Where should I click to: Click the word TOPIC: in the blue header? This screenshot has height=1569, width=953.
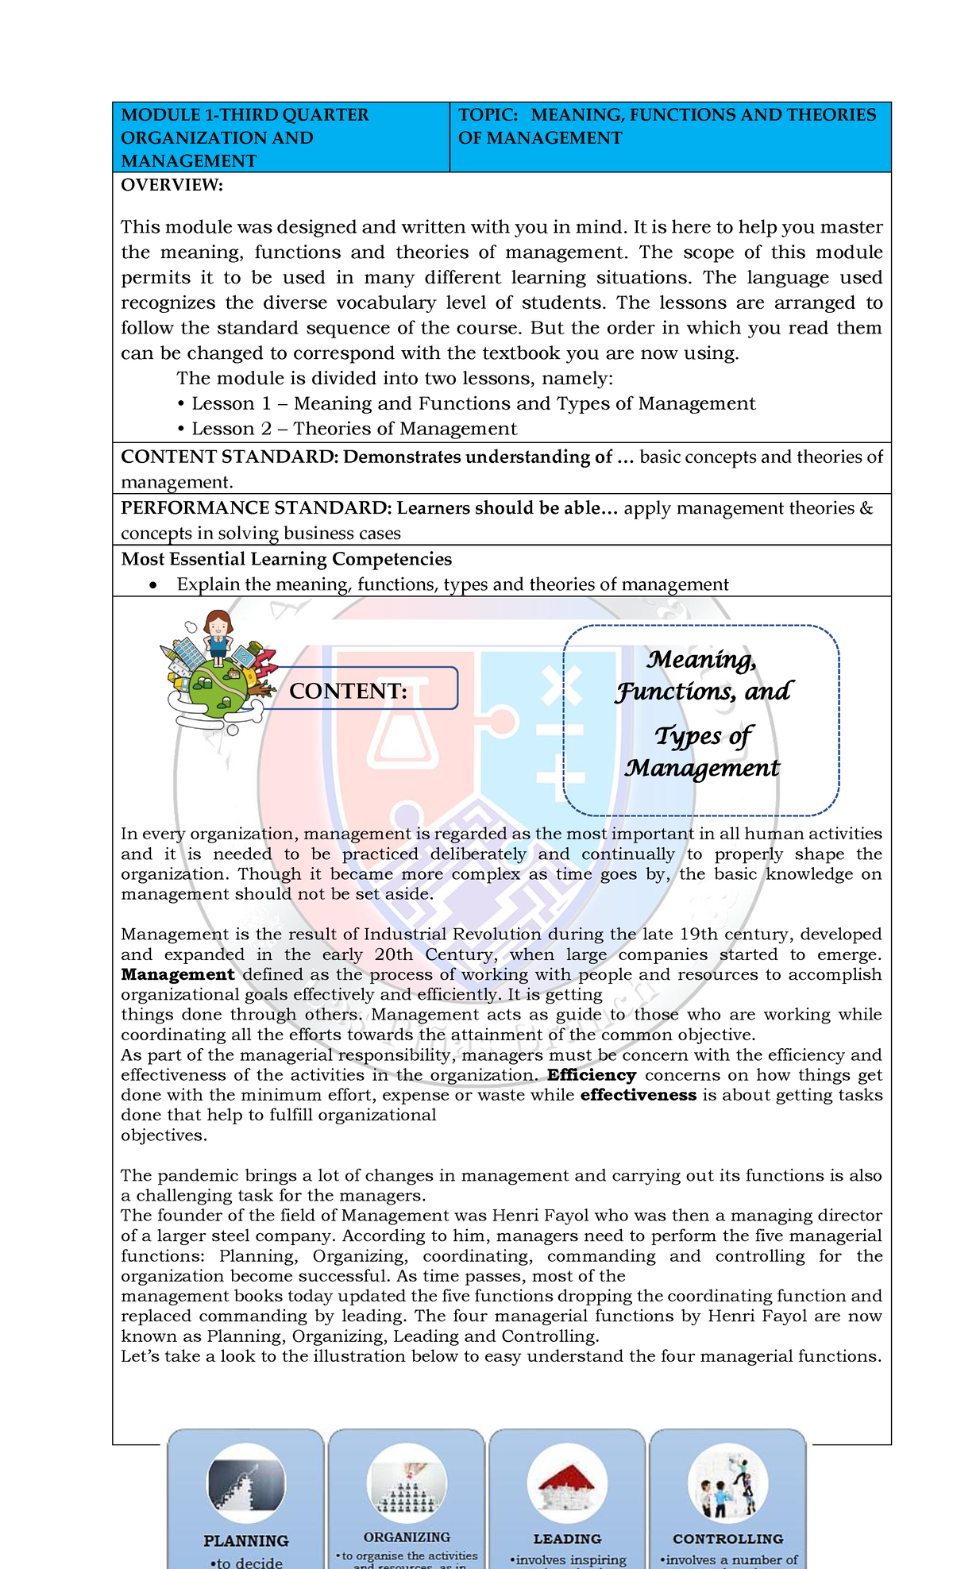click(487, 115)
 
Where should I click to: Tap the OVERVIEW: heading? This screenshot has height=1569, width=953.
click(172, 185)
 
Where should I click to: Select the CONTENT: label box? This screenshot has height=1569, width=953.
click(359, 689)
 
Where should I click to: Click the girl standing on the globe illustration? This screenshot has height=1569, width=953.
click(218, 635)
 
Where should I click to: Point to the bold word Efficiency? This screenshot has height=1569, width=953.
click(591, 1075)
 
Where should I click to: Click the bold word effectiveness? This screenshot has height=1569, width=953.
click(638, 1095)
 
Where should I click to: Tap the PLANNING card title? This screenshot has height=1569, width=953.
click(245, 1540)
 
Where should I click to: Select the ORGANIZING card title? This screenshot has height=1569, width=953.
click(407, 1536)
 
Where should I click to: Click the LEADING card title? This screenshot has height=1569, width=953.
click(567, 1538)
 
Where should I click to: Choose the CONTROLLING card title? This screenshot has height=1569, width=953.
click(727, 1538)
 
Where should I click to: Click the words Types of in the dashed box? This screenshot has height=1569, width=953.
click(703, 736)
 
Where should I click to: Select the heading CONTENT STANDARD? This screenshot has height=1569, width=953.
click(229, 457)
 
